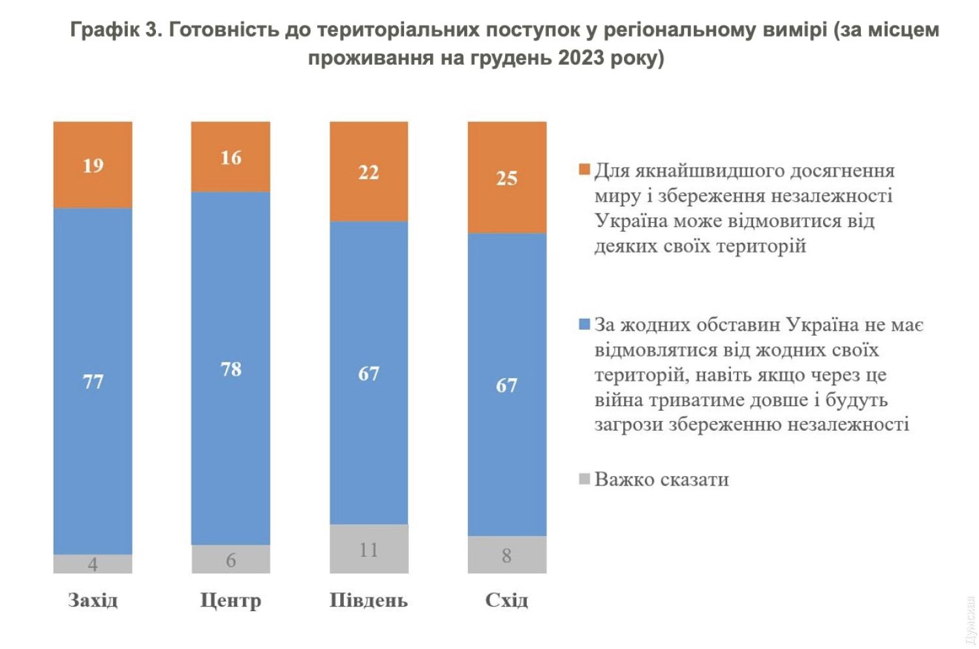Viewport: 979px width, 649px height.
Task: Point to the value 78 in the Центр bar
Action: click(x=231, y=370)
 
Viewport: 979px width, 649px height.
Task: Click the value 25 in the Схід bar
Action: click(x=507, y=178)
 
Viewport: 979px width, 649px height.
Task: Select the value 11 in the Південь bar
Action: click(x=369, y=550)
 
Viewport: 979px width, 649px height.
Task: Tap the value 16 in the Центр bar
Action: click(x=231, y=158)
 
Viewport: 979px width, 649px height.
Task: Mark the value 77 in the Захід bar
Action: click(x=93, y=382)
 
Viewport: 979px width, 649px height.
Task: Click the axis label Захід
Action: click(x=93, y=600)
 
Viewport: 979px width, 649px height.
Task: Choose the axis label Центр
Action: click(x=230, y=600)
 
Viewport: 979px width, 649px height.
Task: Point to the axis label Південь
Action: click(x=369, y=600)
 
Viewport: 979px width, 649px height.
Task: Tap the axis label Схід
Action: click(x=507, y=600)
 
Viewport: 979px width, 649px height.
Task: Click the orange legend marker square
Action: click(x=585, y=170)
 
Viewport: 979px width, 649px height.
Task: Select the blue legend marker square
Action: click(x=585, y=324)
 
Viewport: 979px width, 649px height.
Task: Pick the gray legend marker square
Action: click(x=585, y=479)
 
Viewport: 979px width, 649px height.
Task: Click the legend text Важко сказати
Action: click(x=662, y=480)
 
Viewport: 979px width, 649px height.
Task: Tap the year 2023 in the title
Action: click(x=581, y=58)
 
